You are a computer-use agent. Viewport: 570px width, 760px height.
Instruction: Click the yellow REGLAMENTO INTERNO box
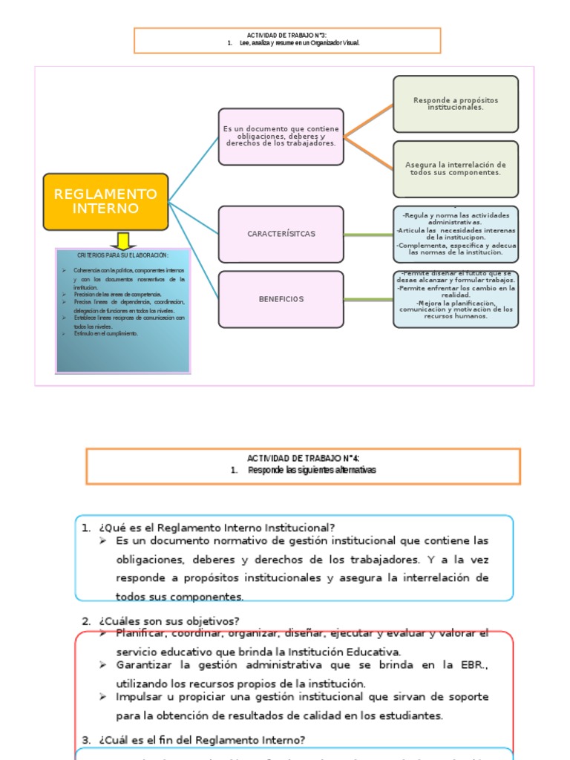tap(105, 201)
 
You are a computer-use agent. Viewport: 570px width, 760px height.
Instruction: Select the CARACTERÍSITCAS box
tap(281, 234)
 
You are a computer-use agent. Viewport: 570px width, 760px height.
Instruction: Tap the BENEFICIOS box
tap(281, 299)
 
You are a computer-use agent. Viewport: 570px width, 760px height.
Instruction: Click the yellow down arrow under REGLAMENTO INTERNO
tap(122, 240)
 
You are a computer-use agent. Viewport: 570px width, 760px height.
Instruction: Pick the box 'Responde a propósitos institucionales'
tap(455, 104)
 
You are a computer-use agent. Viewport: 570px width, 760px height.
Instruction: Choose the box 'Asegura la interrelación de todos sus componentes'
tap(455, 168)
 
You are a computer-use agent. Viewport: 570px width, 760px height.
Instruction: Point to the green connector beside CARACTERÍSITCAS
tap(368, 235)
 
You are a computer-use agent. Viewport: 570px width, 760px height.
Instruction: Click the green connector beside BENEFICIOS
tap(368, 300)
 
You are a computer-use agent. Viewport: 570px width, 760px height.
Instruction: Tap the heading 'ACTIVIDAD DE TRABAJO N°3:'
tap(286, 35)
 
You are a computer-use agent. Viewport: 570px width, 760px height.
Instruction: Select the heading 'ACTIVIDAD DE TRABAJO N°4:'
tap(302, 458)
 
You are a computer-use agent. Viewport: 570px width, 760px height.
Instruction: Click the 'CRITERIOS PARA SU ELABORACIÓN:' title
tap(122, 255)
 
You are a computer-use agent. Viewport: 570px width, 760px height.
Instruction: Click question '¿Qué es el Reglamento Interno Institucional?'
tap(214, 528)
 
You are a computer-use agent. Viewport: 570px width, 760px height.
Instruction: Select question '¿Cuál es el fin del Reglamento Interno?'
tap(198, 739)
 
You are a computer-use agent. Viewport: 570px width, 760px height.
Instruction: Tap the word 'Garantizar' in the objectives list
tap(142, 664)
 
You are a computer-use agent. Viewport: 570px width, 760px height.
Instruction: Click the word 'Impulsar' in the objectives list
tap(138, 697)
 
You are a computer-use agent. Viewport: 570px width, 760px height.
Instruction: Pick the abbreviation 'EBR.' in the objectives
tap(475, 664)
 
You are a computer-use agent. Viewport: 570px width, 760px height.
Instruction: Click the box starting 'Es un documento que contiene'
tap(281, 136)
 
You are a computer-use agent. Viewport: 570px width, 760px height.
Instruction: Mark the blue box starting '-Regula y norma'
tap(455, 234)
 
